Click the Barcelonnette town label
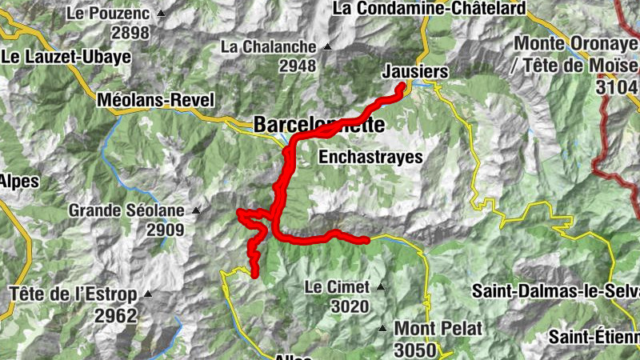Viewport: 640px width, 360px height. click(x=319, y=125)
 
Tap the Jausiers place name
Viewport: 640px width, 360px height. click(x=414, y=71)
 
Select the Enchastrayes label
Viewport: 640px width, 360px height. click(x=370, y=158)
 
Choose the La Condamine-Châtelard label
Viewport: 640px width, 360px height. click(x=429, y=9)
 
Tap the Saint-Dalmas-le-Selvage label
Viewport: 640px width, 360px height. click(x=557, y=290)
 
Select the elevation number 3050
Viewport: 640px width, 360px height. click(x=415, y=350)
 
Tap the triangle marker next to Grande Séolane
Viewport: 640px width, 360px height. click(x=195, y=211)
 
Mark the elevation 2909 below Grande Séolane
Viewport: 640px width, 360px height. click(x=165, y=230)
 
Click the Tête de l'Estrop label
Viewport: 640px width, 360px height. click(x=74, y=294)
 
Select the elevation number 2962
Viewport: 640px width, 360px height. click(x=116, y=315)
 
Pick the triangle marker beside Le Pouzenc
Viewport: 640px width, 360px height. click(x=161, y=14)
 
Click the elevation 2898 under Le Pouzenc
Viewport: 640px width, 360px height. click(x=131, y=33)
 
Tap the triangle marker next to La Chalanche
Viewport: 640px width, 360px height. click(x=326, y=46)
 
